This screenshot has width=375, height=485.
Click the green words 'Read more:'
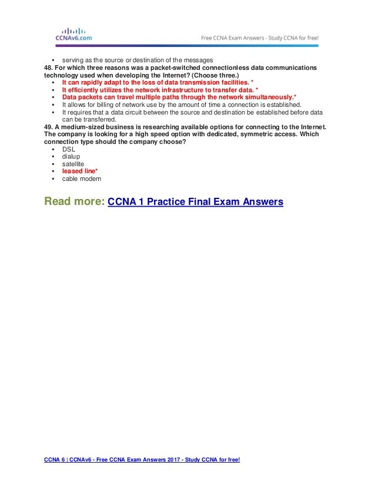pyautogui.click(x=75, y=202)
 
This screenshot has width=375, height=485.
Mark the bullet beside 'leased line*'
pyautogui.click(x=53, y=171)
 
